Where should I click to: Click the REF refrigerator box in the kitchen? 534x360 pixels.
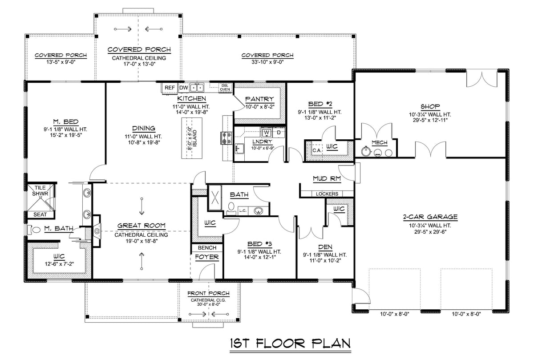tap(170, 88)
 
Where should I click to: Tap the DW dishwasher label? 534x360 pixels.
tap(183, 88)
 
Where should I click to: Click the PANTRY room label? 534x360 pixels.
tap(259, 99)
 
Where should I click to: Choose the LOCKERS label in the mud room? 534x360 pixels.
tap(327, 194)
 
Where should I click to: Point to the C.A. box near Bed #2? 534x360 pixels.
tap(317, 150)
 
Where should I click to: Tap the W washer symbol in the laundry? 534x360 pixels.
tap(266, 132)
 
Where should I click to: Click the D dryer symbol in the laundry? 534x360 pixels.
tap(279, 132)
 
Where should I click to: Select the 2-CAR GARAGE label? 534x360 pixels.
tap(430, 217)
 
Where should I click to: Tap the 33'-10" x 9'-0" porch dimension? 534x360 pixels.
tap(267, 62)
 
